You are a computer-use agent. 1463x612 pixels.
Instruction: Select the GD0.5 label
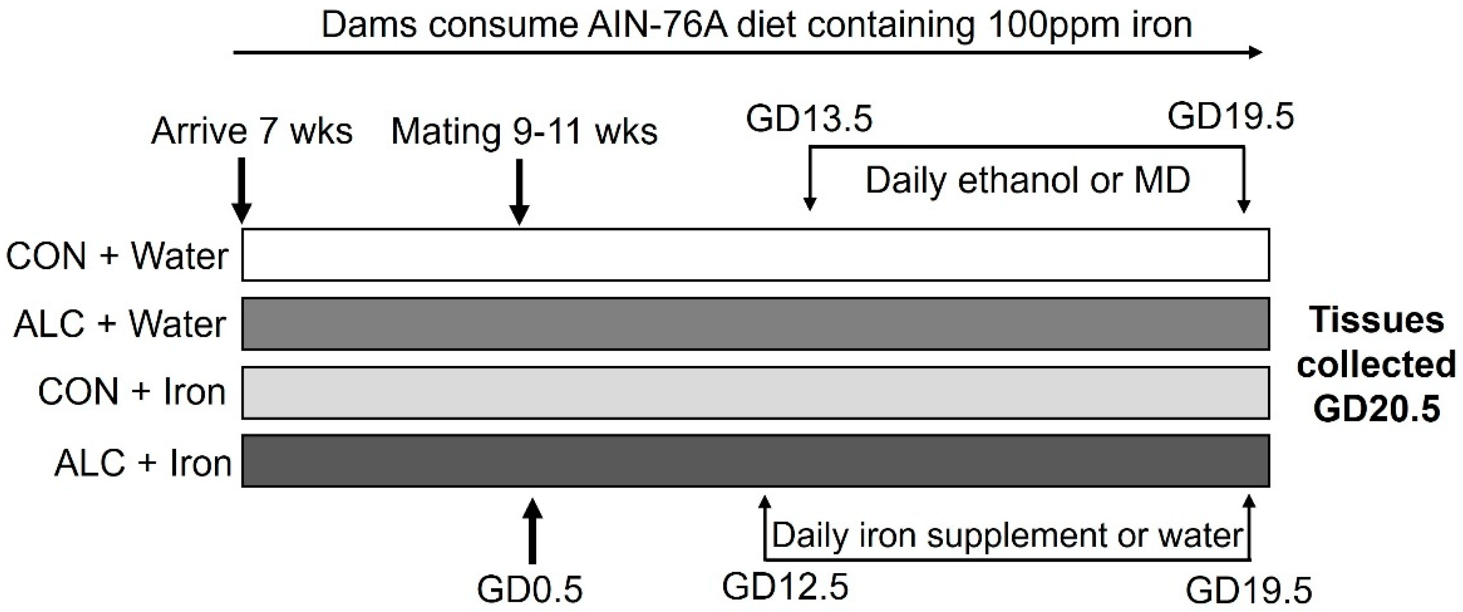click(x=529, y=589)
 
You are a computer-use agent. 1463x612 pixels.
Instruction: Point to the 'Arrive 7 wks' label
click(x=252, y=131)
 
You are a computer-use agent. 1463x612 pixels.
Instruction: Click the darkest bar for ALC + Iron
click(x=756, y=461)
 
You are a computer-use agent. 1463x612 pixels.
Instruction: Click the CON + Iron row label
click(x=132, y=392)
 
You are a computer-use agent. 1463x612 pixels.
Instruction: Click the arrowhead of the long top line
click(x=1255, y=53)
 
